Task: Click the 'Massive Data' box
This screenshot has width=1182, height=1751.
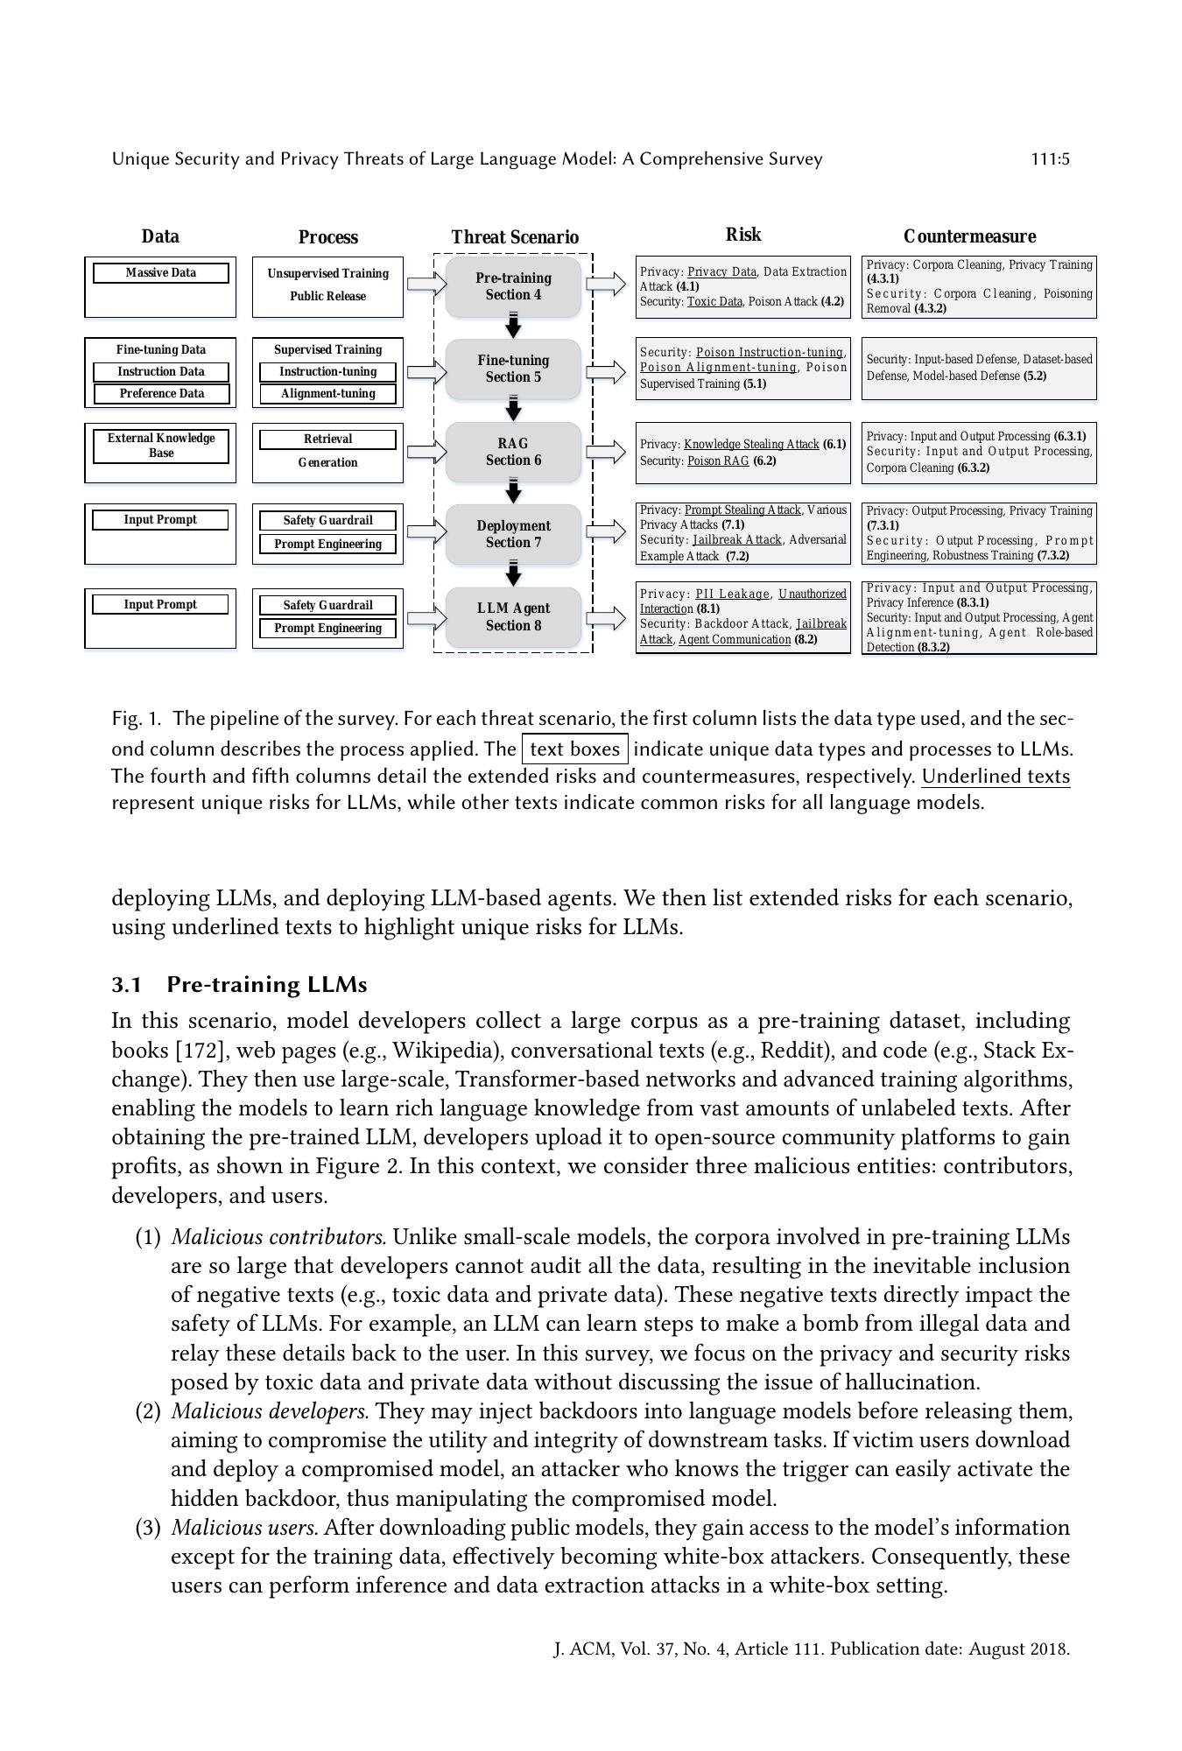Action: tap(160, 273)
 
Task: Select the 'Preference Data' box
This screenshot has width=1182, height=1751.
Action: tap(161, 394)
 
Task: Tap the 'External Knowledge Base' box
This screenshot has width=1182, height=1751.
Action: tap(161, 446)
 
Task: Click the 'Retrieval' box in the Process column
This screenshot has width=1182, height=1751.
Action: tap(327, 440)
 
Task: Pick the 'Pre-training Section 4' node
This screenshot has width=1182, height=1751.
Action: tap(513, 286)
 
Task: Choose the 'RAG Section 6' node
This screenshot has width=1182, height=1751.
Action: tap(513, 452)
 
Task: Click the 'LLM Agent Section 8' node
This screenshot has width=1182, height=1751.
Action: tap(513, 617)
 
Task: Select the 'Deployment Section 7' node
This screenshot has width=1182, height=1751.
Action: tap(513, 534)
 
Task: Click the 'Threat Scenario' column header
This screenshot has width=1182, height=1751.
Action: tap(515, 237)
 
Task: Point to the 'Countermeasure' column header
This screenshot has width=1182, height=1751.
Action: tap(969, 236)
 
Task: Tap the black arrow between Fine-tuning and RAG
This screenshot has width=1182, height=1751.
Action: tap(514, 410)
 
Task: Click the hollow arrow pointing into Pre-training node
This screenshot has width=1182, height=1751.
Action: tap(426, 284)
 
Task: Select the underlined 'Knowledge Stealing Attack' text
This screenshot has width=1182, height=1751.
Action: tap(751, 445)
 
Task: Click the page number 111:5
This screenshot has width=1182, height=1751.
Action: tap(1050, 159)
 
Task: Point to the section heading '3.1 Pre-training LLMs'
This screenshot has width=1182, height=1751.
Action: tap(239, 985)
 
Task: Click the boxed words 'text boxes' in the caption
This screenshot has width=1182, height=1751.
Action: tap(574, 749)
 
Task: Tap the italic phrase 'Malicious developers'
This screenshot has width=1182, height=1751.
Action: tap(270, 1411)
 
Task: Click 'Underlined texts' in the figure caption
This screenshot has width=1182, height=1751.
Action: tap(996, 777)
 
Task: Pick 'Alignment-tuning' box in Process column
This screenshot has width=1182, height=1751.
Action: tap(327, 394)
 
